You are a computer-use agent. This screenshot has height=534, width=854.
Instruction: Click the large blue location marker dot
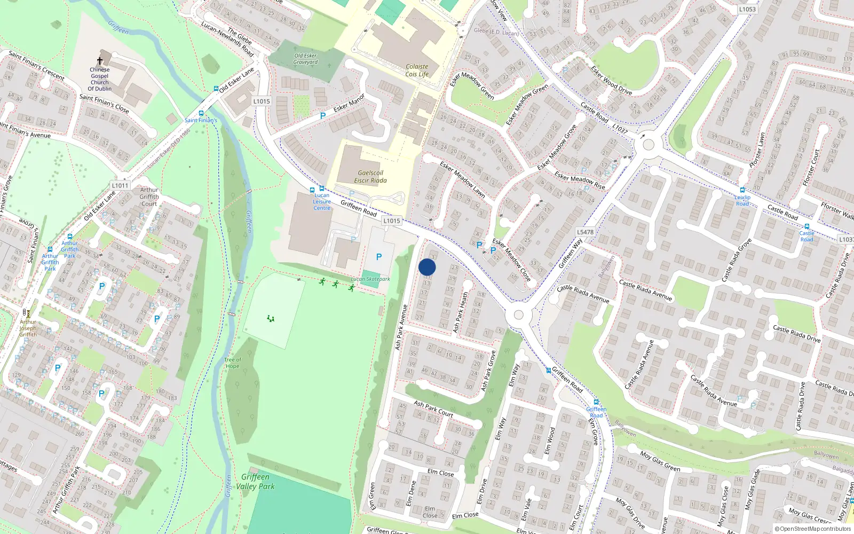click(x=427, y=267)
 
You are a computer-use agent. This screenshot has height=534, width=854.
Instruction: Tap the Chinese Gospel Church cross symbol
click(x=100, y=61)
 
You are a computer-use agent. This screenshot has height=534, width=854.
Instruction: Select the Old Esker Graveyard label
click(x=305, y=59)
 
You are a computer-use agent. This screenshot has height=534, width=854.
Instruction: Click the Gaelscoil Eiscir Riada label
click(x=371, y=177)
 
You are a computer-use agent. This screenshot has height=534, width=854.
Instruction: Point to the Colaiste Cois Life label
click(x=417, y=70)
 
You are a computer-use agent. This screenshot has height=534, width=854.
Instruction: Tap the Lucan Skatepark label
click(x=370, y=279)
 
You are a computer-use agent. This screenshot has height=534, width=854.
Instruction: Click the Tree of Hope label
click(x=233, y=363)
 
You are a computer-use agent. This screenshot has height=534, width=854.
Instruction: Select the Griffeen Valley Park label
click(x=255, y=481)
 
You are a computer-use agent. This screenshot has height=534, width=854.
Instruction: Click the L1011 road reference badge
click(x=120, y=186)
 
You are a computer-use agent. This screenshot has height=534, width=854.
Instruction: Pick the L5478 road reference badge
click(x=585, y=232)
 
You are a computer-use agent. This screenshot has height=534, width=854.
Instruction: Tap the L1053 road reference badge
click(x=747, y=9)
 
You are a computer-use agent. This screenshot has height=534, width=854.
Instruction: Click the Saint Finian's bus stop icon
click(x=201, y=113)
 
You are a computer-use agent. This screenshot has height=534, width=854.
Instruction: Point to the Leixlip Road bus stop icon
click(x=742, y=190)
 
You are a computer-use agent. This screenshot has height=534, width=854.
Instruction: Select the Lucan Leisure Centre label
click(x=322, y=201)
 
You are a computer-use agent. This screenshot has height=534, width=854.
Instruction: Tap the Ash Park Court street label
click(x=433, y=409)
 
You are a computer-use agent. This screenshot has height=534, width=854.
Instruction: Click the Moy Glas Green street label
click(x=660, y=461)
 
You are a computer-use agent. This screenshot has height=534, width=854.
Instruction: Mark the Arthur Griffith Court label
click(x=149, y=197)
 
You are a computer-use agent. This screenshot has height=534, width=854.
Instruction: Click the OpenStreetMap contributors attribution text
click(x=813, y=529)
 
